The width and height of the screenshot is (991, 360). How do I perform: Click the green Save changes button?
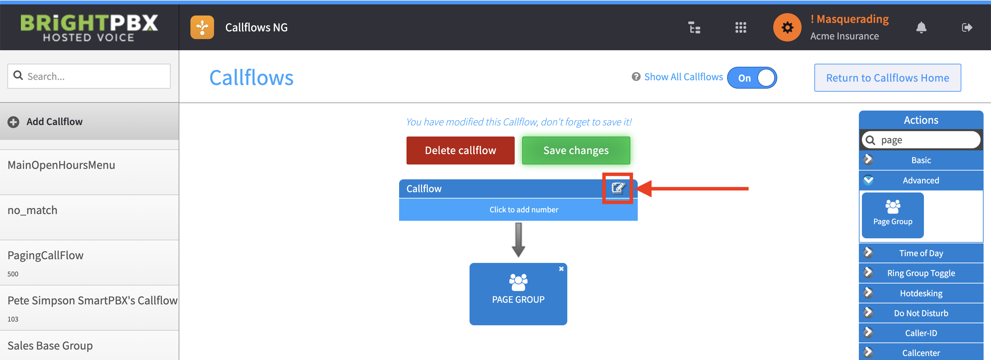(576, 150)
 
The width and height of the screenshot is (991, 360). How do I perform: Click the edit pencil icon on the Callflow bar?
(618, 188)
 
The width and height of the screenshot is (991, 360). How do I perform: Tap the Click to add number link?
(523, 210)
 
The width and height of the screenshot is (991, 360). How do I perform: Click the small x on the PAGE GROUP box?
(561, 269)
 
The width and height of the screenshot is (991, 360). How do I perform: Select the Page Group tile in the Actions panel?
(893, 215)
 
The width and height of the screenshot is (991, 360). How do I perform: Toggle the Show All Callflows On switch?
(752, 78)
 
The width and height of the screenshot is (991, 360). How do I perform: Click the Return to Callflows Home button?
(888, 78)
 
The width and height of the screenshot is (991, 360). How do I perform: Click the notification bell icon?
(921, 28)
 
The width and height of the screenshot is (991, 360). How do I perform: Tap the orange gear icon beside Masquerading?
(787, 27)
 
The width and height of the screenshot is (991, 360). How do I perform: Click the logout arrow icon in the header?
(967, 27)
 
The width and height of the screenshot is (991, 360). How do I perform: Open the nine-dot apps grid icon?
(741, 27)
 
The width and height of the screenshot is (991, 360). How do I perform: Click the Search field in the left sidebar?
(89, 76)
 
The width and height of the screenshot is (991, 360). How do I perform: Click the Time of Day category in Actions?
(921, 253)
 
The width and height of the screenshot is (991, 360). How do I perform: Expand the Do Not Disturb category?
(921, 313)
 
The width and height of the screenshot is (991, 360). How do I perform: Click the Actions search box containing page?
(921, 140)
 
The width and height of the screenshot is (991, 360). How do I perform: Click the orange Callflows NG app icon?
(202, 27)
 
